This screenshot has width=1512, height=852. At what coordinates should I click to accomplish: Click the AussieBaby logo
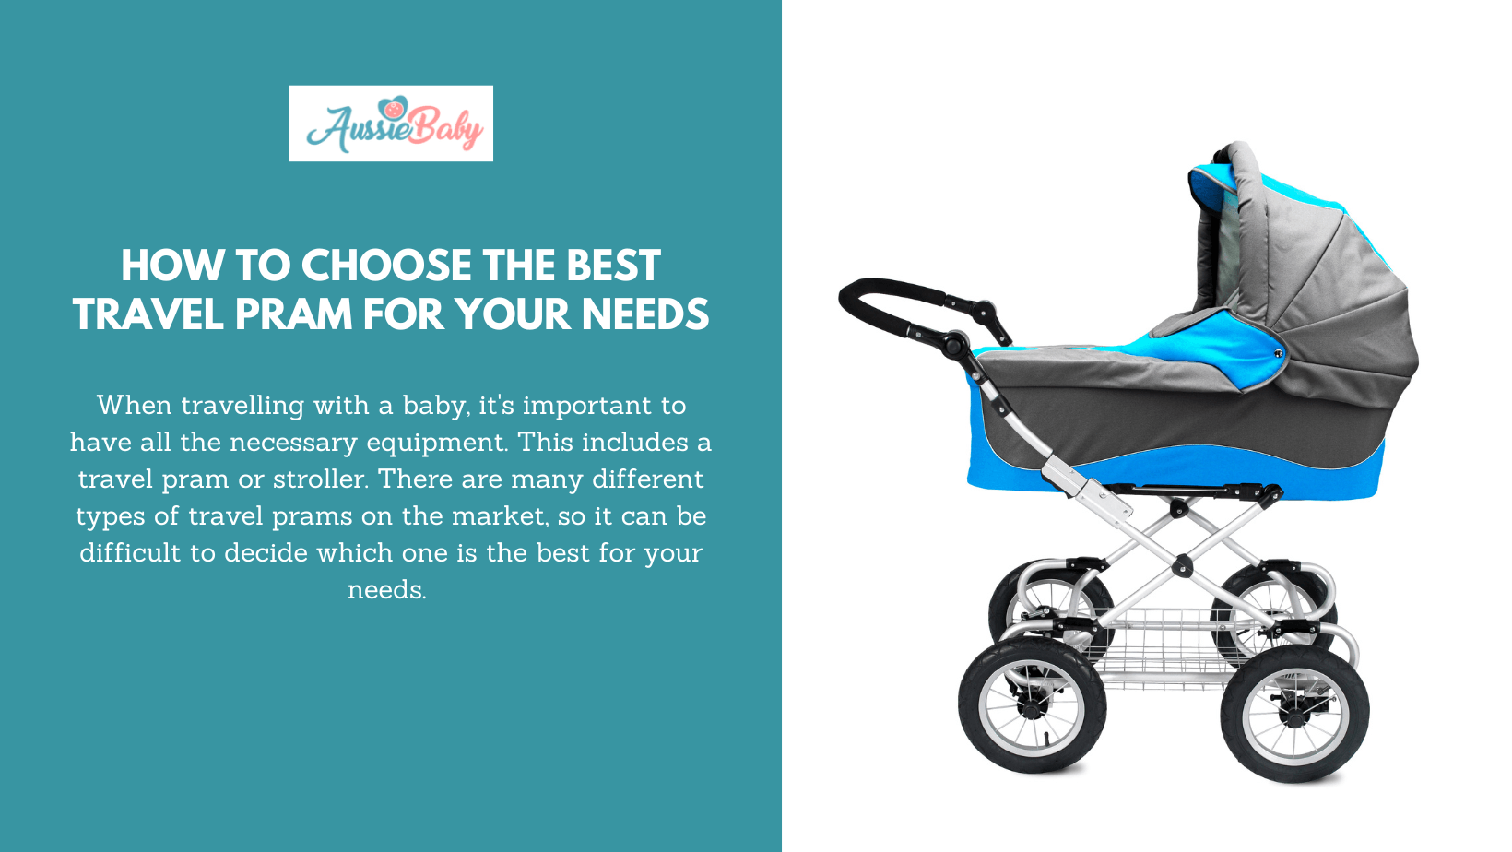[391, 124]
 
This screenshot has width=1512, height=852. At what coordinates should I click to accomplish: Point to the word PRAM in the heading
[293, 314]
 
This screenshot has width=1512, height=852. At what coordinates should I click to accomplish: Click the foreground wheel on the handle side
[1032, 705]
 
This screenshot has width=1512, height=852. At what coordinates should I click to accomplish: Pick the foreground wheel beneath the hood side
[1294, 714]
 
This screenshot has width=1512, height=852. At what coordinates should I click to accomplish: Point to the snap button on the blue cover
[1278, 353]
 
